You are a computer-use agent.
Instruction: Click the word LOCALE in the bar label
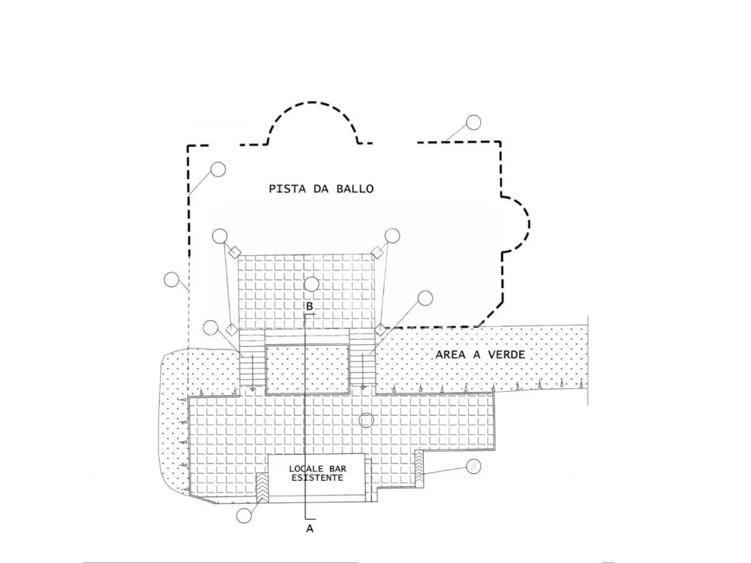tap(306, 469)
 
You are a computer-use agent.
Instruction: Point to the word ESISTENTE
tap(317, 477)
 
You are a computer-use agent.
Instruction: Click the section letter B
tap(309, 306)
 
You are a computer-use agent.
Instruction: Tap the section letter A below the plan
tap(309, 528)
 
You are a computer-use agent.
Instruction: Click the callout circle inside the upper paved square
tap(311, 284)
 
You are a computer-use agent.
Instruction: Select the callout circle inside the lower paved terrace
tap(366, 420)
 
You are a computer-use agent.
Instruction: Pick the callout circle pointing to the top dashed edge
tap(473, 123)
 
